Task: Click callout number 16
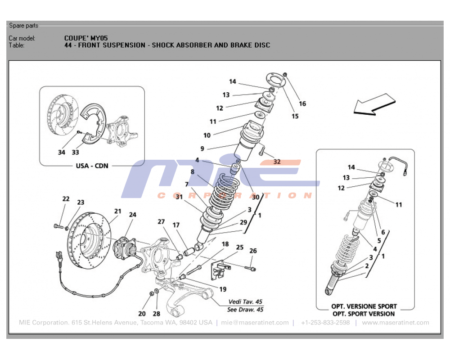click(x=302, y=104)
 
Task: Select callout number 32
click(x=277, y=162)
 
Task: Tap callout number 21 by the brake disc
click(x=117, y=211)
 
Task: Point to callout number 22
click(x=66, y=199)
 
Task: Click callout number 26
click(x=253, y=251)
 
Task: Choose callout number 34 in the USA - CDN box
click(x=62, y=152)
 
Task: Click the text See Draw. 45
click(x=246, y=309)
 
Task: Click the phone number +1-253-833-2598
click(x=325, y=323)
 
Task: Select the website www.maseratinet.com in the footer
click(x=395, y=323)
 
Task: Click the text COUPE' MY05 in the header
click(x=86, y=38)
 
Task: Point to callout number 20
click(x=142, y=314)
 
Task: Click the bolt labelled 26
click(x=251, y=269)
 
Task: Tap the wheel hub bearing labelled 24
click(x=123, y=247)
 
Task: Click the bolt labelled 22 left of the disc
click(x=58, y=225)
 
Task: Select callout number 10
click(x=207, y=135)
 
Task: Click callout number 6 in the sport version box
click(x=383, y=232)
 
